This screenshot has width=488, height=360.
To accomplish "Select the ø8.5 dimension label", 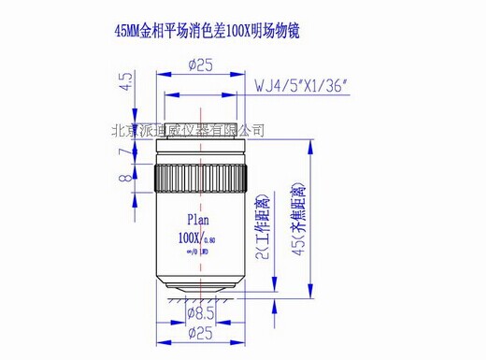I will [204, 314].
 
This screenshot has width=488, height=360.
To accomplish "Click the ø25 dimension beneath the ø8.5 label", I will [204, 336].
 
